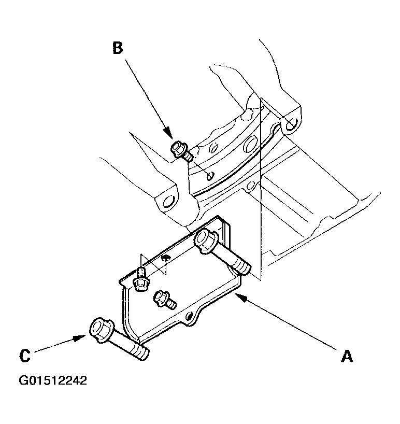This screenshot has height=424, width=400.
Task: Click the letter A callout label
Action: click(x=347, y=356)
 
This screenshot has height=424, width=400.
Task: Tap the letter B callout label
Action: click(x=118, y=48)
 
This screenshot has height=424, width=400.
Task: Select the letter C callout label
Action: click(x=25, y=356)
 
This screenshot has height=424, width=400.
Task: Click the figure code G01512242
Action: click(x=53, y=380)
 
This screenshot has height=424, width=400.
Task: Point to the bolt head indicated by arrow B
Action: click(x=179, y=148)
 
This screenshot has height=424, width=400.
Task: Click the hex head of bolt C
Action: click(x=101, y=330)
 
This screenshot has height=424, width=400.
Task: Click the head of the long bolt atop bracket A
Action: click(x=205, y=241)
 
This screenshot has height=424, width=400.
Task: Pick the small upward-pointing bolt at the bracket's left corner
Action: click(x=141, y=280)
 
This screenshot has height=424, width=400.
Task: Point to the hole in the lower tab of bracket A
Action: click(x=189, y=316)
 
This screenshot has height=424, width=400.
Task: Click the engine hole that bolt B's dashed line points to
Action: click(x=210, y=176)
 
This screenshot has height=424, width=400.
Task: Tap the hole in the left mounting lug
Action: click(x=168, y=202)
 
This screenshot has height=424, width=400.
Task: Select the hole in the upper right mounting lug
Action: click(x=291, y=124)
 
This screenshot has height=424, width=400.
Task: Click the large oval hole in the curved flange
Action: click(x=250, y=144)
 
